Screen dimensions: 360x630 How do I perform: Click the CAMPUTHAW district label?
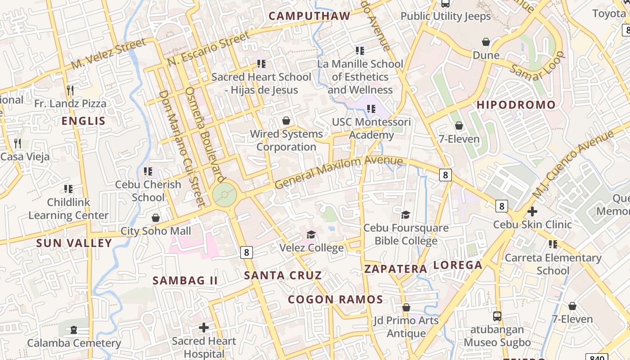(x=309, y=16)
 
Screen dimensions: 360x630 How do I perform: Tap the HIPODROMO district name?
(x=516, y=105)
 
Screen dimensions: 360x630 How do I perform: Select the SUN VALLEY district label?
(x=74, y=243)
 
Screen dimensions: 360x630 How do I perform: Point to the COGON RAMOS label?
(x=335, y=299)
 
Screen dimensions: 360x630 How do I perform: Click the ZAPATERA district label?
(x=396, y=269)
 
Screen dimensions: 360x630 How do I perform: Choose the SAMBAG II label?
(x=185, y=280)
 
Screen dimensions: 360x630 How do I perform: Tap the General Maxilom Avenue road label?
(x=338, y=172)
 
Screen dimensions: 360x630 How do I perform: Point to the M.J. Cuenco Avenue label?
(x=572, y=164)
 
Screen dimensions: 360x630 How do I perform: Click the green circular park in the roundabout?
(x=225, y=195)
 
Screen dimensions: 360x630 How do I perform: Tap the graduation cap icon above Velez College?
(x=311, y=234)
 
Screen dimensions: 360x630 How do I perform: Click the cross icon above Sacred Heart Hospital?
(x=204, y=327)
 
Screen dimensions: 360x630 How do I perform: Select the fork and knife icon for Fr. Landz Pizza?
(x=70, y=90)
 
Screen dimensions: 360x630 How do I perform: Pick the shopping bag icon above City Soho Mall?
(x=156, y=218)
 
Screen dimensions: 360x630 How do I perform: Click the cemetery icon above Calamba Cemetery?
(x=74, y=330)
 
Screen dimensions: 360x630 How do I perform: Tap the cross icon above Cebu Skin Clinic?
(x=532, y=211)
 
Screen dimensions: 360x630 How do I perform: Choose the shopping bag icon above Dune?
(x=486, y=42)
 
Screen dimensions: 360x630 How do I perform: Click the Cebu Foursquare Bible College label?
(x=406, y=234)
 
